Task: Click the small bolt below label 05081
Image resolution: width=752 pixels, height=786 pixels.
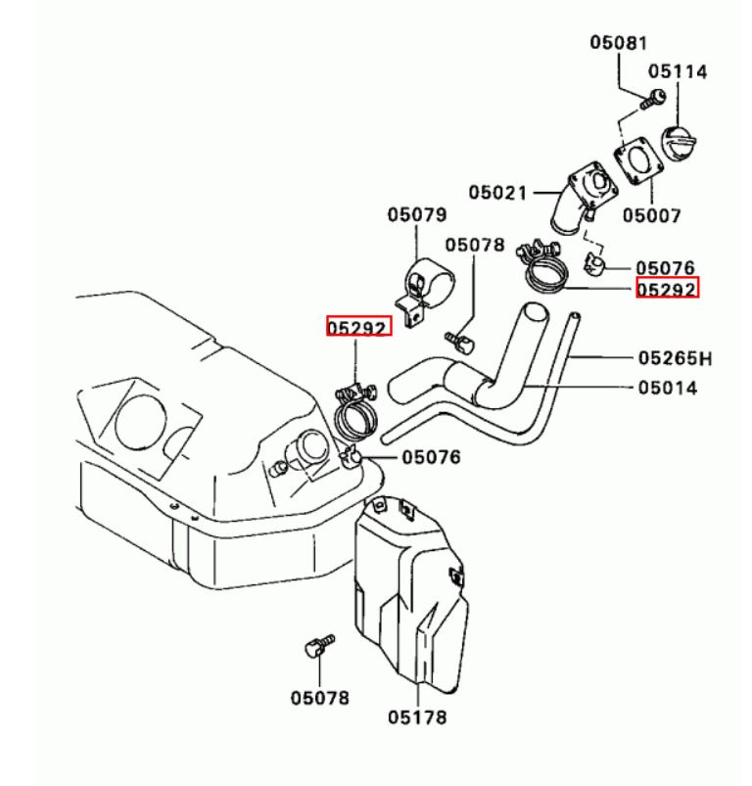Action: tap(653, 98)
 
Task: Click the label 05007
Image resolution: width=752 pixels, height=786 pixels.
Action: tap(653, 214)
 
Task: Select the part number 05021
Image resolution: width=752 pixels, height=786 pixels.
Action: tap(497, 193)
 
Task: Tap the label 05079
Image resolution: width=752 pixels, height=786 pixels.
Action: tap(416, 215)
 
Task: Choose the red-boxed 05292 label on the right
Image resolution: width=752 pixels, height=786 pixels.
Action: tap(666, 289)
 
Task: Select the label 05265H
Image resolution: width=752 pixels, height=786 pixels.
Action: tap(674, 358)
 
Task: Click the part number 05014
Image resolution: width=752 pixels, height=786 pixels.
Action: tap(668, 388)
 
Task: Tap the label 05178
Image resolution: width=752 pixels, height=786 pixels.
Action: tap(416, 717)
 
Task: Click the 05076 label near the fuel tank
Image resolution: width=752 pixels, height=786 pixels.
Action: tap(432, 456)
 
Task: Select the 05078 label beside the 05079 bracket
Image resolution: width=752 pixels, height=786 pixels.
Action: tap(475, 244)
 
